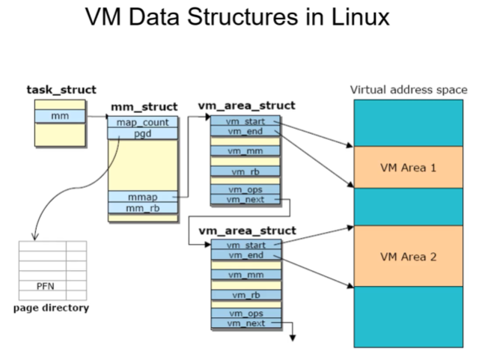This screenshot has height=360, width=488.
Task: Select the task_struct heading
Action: click(x=61, y=90)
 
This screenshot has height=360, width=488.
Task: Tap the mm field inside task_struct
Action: click(x=60, y=117)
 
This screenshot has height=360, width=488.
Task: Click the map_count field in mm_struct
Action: click(x=143, y=122)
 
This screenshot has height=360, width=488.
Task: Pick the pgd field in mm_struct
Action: click(x=143, y=133)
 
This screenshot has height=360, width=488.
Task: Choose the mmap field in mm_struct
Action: click(x=143, y=197)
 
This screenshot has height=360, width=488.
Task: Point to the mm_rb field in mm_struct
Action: click(x=143, y=208)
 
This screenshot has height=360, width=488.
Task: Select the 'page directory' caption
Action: click(x=51, y=308)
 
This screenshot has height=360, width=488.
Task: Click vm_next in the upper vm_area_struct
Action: click(x=245, y=199)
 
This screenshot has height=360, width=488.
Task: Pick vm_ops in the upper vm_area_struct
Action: click(x=245, y=189)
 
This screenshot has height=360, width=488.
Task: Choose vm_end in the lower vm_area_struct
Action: click(x=245, y=255)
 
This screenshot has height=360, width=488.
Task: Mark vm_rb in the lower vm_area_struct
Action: click(x=245, y=295)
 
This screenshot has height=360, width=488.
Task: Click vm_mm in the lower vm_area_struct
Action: click(x=245, y=275)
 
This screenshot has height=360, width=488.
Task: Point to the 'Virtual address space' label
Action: click(x=409, y=90)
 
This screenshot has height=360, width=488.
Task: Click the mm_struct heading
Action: click(x=144, y=107)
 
